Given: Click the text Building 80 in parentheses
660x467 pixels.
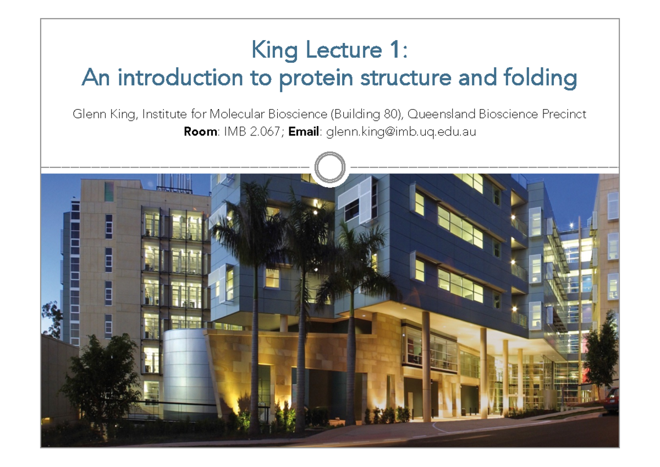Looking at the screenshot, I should [x=364, y=115].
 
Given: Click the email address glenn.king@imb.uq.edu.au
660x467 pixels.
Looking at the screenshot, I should [x=401, y=132].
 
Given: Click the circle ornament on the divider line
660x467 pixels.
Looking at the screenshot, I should [x=330, y=167].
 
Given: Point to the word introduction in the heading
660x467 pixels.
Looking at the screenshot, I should [x=180, y=79].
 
